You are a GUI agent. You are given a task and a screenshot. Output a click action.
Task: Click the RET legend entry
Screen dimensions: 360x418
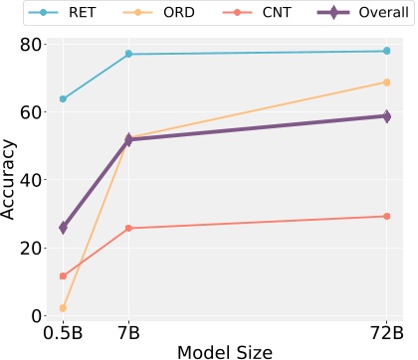point(68,16)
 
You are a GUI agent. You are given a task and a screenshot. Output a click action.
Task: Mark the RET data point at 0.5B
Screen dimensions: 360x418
point(64,99)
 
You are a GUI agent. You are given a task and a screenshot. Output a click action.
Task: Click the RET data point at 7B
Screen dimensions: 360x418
point(128,54)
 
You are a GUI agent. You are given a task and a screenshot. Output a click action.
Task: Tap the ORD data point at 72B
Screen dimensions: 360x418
point(386,83)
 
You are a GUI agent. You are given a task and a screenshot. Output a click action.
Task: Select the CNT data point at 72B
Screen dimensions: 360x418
point(386,216)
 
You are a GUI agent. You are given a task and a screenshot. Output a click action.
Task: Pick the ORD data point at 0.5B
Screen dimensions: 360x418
point(64,308)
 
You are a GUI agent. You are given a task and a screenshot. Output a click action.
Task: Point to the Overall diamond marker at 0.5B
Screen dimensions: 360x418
point(64,228)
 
